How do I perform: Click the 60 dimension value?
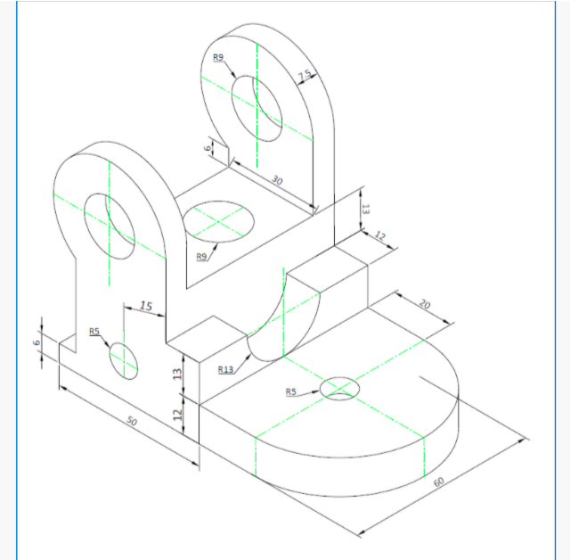coord(438,482)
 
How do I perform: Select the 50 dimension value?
coord(133,422)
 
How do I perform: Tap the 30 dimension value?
coord(276,181)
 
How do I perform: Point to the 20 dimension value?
coord(424,304)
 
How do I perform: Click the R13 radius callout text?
coord(225,369)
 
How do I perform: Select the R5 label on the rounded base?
coord(290,391)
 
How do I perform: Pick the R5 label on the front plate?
coord(94,332)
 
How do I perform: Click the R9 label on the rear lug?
coord(219,58)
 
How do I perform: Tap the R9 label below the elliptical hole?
coord(202,257)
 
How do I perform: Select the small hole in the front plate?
coord(124,360)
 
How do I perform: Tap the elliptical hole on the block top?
coord(217,221)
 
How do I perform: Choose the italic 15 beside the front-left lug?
coord(146,306)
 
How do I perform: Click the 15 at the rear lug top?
coord(305,76)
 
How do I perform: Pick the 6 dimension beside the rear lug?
coord(208,149)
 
